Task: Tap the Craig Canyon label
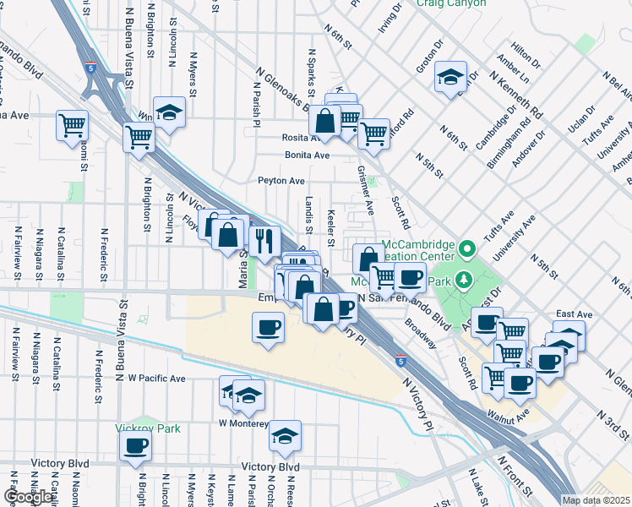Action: (451, 3)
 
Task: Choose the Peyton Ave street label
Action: (281, 181)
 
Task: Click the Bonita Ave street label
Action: (307, 155)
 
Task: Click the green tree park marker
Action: (462, 279)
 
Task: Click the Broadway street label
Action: (420, 333)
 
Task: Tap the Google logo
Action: (27, 497)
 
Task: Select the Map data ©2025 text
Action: (597, 500)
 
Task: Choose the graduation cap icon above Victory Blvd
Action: (286, 435)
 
